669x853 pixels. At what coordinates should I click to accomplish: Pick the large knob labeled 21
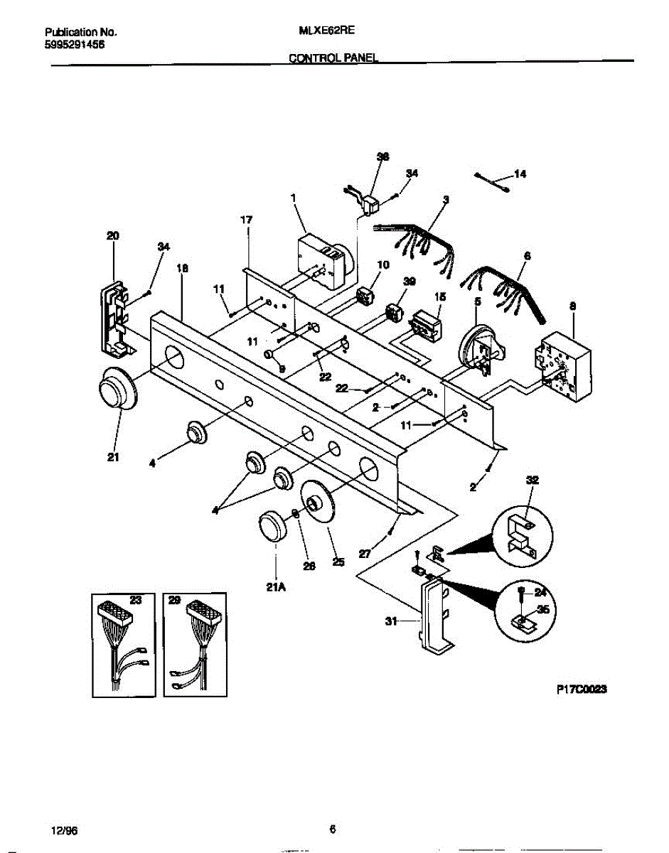113,389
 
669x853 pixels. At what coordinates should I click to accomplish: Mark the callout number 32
532,481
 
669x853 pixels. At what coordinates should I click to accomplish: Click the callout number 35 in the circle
544,608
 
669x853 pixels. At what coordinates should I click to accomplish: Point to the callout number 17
246,220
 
